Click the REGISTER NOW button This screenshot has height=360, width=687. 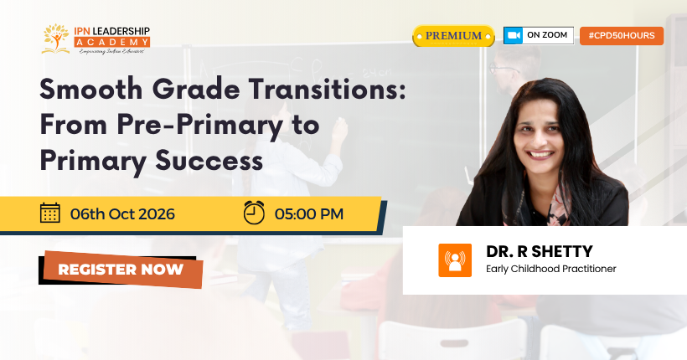click(x=121, y=270)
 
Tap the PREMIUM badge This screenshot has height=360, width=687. click(x=453, y=36)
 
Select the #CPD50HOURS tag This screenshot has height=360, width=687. click(x=622, y=35)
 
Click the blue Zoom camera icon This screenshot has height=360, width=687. click(x=513, y=35)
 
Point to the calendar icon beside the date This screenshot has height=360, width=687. click(x=50, y=213)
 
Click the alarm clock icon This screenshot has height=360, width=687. click(x=254, y=213)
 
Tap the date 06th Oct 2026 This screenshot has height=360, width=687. click(x=122, y=214)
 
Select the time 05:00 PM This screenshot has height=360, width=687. click(x=309, y=214)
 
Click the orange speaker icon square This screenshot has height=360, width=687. click(x=455, y=260)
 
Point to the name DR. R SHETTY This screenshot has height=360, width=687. click(x=539, y=252)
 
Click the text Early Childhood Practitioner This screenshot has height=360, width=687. click(x=550, y=269)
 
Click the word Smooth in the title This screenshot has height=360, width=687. click(x=91, y=90)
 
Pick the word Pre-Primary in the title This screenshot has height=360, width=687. click(x=199, y=126)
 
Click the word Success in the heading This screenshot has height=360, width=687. click(x=209, y=161)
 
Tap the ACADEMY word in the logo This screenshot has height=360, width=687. click(x=112, y=42)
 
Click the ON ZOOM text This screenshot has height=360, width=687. click(x=547, y=35)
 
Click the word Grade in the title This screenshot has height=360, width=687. click(x=196, y=90)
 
